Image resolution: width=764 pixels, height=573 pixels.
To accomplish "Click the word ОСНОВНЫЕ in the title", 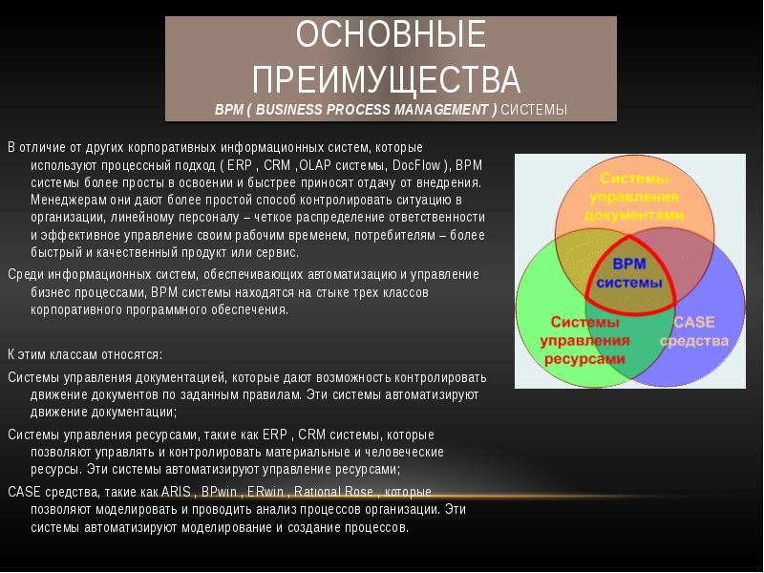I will (391, 36).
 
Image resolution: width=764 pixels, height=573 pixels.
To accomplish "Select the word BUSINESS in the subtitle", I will (289, 110).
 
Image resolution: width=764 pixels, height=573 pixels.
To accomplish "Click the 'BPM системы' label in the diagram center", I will (629, 272).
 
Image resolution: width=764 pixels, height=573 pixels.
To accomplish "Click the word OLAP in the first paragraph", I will (316, 165).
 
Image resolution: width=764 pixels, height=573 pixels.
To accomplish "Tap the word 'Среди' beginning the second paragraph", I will (24, 275).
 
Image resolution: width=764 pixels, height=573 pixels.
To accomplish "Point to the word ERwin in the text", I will (265, 492).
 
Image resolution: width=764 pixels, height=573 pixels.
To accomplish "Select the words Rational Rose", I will (335, 492).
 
